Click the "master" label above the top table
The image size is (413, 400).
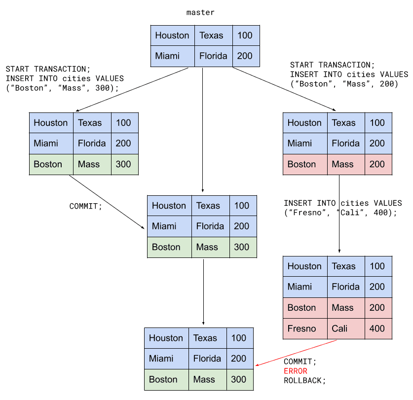tap(200, 12)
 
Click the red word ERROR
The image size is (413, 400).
tap(296, 371)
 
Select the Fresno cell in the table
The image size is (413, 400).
tap(305, 328)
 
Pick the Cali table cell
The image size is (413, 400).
tap(346, 328)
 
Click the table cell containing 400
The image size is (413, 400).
tap(378, 328)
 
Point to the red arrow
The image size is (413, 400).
tap(296, 353)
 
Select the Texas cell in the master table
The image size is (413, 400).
tap(214, 36)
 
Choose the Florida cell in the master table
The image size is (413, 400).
tap(214, 56)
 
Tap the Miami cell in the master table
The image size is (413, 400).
tap(173, 56)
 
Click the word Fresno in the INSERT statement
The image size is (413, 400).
tap(307, 213)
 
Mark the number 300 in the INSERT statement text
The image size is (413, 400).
tap(103, 88)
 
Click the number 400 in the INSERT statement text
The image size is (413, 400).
tap(380, 213)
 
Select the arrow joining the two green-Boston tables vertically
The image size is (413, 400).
tap(203, 292)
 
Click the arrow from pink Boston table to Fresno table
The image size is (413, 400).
tap(339, 214)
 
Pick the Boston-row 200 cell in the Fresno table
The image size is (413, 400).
tap(378, 308)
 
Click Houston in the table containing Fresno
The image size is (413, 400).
tap(304, 266)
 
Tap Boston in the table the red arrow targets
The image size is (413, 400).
tap(163, 379)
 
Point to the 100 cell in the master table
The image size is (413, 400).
tap(246, 36)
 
